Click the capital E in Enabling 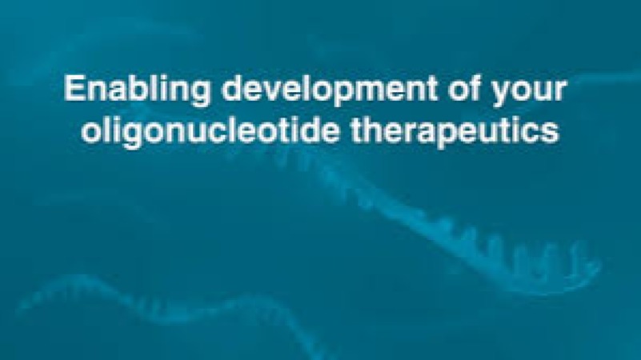[x=72, y=89]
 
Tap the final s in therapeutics [x=552, y=130]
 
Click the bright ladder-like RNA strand [x=496, y=240]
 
